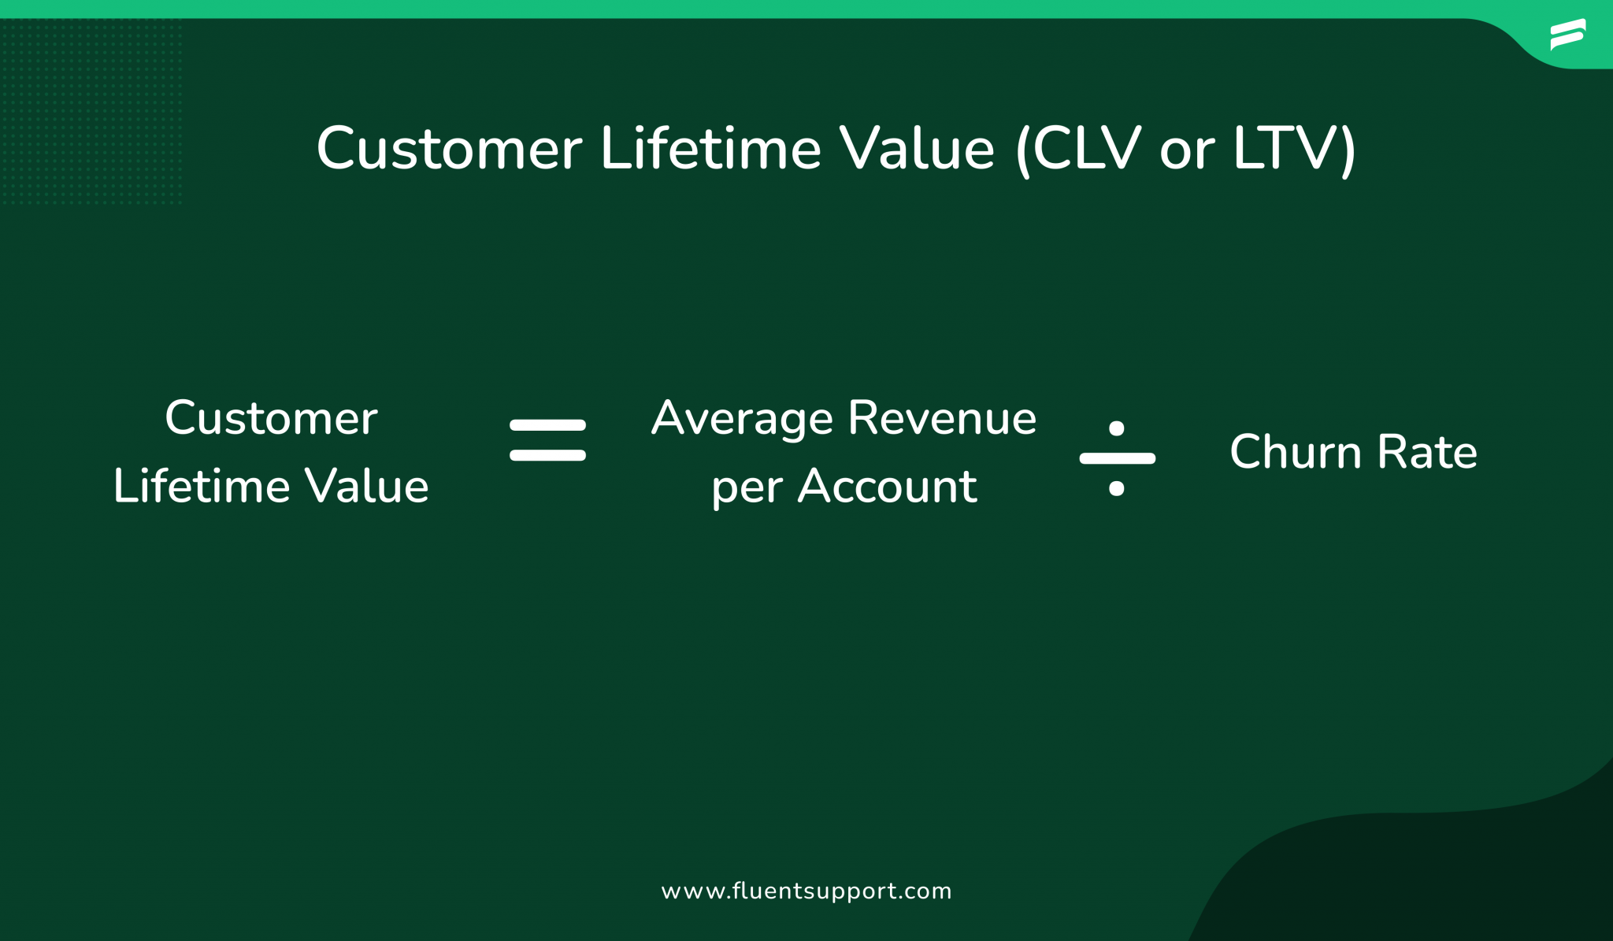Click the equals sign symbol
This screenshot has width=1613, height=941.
pyautogui.click(x=547, y=440)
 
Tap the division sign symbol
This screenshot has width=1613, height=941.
pyautogui.click(x=1117, y=458)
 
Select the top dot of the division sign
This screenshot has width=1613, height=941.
pyautogui.click(x=1116, y=428)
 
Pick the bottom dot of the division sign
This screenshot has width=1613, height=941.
pyautogui.click(x=1116, y=488)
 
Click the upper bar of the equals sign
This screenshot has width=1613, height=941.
pyautogui.click(x=547, y=425)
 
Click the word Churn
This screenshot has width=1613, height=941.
pyautogui.click(x=1296, y=452)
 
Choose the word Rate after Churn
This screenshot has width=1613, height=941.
pyautogui.click(x=1427, y=452)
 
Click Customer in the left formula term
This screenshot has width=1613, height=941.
pyautogui.click(x=271, y=418)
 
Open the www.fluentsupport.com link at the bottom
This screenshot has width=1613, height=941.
pyautogui.click(x=806, y=891)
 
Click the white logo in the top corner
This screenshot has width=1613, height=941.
pyautogui.click(x=1567, y=35)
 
